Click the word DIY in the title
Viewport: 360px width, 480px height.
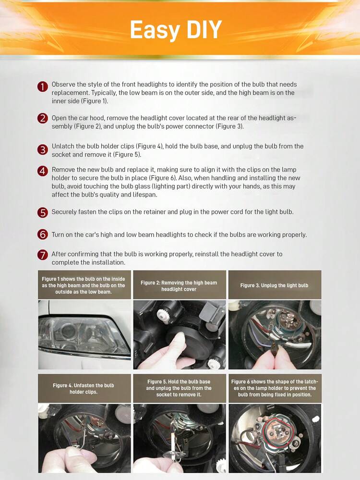click(204, 29)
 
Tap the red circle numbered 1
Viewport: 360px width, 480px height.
click(43, 86)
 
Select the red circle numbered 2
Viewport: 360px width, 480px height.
click(43, 119)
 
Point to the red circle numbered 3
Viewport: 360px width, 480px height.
click(43, 150)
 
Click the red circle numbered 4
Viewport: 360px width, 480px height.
click(43, 171)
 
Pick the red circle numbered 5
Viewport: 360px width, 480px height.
click(43, 212)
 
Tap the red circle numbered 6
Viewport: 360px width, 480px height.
click(43, 234)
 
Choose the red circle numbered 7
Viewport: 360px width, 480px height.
click(43, 255)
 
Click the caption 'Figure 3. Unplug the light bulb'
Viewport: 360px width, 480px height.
click(275, 285)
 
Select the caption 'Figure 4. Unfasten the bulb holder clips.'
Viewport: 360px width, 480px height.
click(84, 389)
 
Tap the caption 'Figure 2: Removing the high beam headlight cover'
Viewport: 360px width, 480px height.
click(179, 286)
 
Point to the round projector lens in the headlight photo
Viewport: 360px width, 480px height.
click(67, 330)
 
